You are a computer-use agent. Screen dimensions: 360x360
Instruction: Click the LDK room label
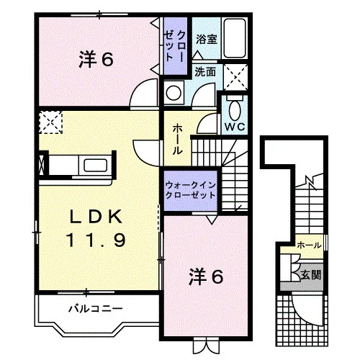[96, 217]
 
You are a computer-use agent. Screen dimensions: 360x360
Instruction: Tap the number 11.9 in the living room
[96, 240]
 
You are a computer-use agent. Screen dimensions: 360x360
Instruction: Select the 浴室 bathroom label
[207, 40]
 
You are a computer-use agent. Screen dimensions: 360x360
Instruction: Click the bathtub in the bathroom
[235, 38]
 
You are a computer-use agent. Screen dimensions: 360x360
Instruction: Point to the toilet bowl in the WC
[235, 109]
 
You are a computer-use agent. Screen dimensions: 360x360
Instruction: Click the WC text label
[235, 127]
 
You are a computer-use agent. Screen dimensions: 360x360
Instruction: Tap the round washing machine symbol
[174, 93]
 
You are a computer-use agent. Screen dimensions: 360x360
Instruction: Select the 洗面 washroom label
[205, 72]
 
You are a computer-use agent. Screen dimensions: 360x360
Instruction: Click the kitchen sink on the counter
[95, 166]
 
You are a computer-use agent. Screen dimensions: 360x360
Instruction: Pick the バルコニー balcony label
[96, 308]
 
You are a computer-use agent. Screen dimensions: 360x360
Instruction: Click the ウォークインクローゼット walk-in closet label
[190, 190]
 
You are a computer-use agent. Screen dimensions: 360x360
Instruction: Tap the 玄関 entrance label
[311, 274]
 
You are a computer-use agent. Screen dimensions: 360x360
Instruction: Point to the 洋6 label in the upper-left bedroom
[96, 59]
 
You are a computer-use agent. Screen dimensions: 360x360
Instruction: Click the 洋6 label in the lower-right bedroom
[207, 276]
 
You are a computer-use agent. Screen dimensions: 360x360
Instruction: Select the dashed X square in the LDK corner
[50, 122]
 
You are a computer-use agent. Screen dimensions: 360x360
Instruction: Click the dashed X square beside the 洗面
[235, 77]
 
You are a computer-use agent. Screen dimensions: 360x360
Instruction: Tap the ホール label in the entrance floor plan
[309, 246]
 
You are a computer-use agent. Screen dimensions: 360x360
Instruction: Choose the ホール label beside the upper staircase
[178, 140]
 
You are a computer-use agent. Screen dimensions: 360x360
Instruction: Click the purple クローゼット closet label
[174, 46]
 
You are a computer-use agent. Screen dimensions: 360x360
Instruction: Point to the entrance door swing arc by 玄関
[303, 314]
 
